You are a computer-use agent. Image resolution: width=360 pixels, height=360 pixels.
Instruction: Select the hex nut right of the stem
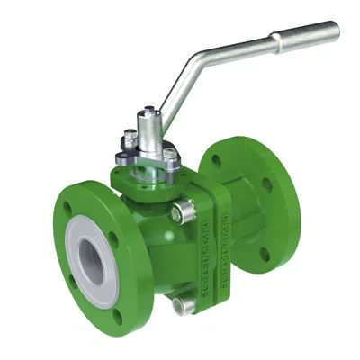coord(170,156)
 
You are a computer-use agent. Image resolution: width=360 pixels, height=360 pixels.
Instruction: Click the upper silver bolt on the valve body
coord(185,213)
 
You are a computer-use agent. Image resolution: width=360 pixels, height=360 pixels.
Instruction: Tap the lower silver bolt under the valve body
coord(184,305)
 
